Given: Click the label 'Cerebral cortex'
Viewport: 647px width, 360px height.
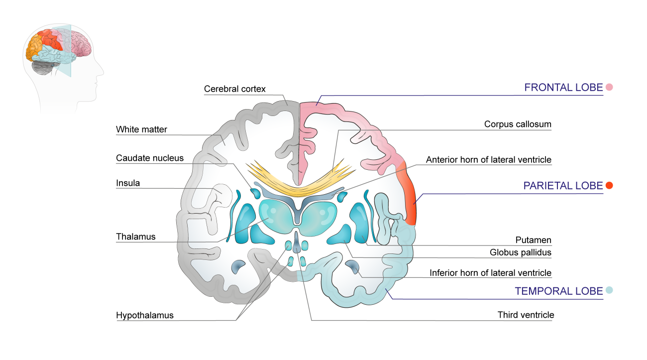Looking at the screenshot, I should pyautogui.click(x=235, y=89).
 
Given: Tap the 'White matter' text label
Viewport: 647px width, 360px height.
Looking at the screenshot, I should pyautogui.click(x=141, y=129).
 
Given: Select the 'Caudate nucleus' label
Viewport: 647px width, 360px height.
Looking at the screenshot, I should pyautogui.click(x=150, y=158).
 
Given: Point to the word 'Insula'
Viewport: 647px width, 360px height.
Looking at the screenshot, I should pyautogui.click(x=128, y=183).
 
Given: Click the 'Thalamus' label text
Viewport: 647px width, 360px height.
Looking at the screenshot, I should pyautogui.click(x=135, y=237).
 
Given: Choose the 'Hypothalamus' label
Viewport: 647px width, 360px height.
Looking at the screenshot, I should pyautogui.click(x=145, y=315).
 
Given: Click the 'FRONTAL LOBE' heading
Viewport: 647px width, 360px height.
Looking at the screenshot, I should pyautogui.click(x=563, y=88).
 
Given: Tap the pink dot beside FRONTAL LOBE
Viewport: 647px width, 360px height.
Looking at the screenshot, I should pyautogui.click(x=609, y=88).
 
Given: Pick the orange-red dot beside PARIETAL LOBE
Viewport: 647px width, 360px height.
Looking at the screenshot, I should pyautogui.click(x=609, y=186).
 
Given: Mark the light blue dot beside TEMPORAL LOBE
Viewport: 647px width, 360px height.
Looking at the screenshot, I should pyautogui.click(x=609, y=290).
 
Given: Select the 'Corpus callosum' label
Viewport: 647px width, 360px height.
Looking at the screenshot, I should pyautogui.click(x=518, y=124).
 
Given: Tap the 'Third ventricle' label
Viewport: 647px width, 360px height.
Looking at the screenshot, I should pyautogui.click(x=526, y=315).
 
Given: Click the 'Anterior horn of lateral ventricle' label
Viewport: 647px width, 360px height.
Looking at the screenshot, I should pyautogui.click(x=489, y=160).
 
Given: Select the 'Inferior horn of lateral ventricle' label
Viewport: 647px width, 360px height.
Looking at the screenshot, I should pyautogui.click(x=491, y=273).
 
